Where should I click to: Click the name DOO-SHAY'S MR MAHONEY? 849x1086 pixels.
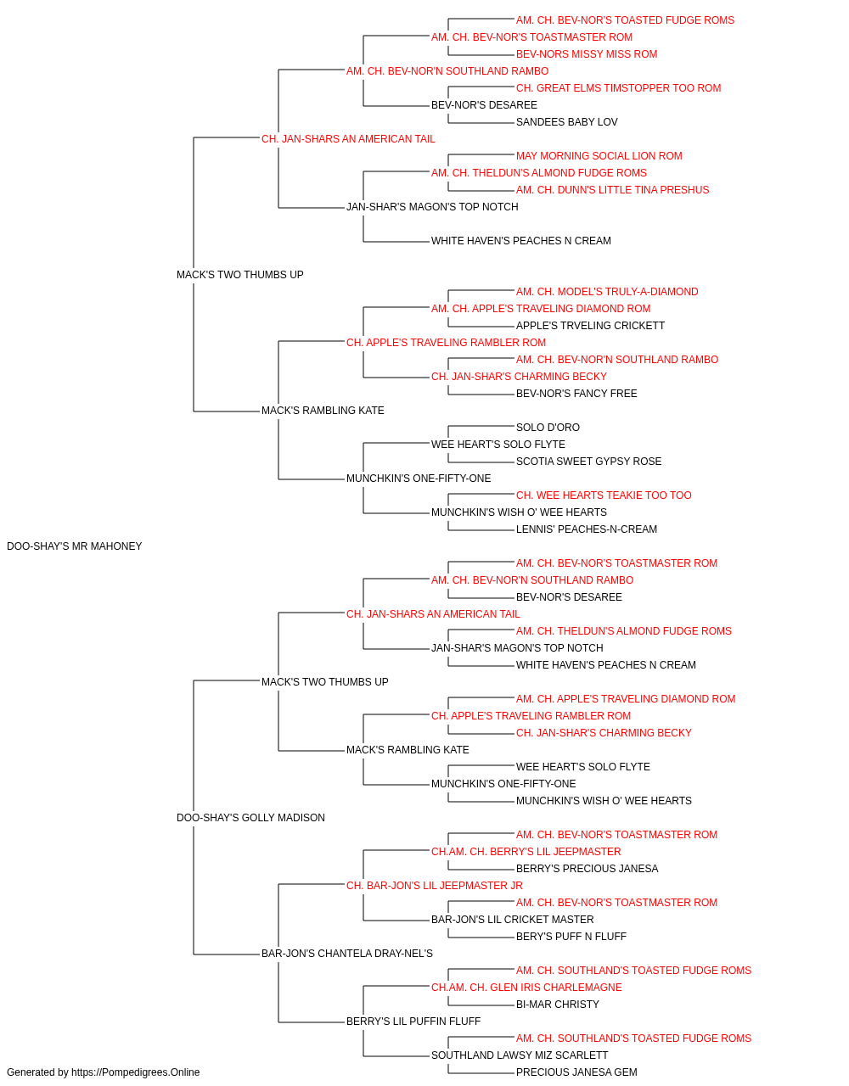tap(75, 546)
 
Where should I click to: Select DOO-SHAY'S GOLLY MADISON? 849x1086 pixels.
tap(250, 818)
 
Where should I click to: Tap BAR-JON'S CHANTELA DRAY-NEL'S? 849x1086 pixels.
tap(347, 954)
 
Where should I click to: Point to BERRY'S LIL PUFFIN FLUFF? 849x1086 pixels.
tap(413, 1022)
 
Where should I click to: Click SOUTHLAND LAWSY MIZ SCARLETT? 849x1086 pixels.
tap(520, 1055)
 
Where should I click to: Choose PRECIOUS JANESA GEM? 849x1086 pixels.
tap(576, 1072)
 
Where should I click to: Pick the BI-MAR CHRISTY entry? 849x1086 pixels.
tap(558, 1005)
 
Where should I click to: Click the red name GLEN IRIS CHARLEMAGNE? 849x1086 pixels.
tap(526, 988)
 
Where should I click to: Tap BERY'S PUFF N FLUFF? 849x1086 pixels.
tap(571, 937)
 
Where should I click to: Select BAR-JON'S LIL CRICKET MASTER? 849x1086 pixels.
tap(513, 920)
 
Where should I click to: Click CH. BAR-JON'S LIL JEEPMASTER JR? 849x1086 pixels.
tap(435, 886)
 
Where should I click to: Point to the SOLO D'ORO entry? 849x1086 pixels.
tap(548, 428)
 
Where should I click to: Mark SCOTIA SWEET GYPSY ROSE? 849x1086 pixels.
tap(588, 462)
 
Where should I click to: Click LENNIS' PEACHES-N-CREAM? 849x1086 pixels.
tap(587, 529)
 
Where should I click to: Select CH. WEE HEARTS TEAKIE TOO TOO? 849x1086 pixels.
tap(604, 495)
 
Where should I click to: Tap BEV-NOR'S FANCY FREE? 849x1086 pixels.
tap(576, 394)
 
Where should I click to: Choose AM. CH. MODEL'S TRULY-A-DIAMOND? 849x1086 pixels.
tap(607, 292)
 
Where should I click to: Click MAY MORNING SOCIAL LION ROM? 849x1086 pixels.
tap(599, 156)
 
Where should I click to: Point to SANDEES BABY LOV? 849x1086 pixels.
tap(567, 122)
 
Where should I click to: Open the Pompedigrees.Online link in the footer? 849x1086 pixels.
tap(136, 1072)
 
